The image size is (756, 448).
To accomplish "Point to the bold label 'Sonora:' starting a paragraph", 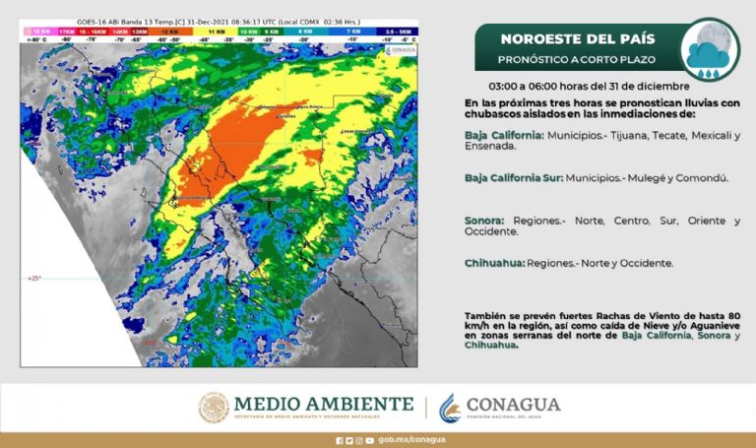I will [485, 221].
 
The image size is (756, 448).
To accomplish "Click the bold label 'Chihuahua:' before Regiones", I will [494, 263].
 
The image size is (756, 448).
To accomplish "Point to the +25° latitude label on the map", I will [34, 279].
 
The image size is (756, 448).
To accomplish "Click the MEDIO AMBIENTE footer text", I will [323, 404].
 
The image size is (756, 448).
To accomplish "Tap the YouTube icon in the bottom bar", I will [369, 440].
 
